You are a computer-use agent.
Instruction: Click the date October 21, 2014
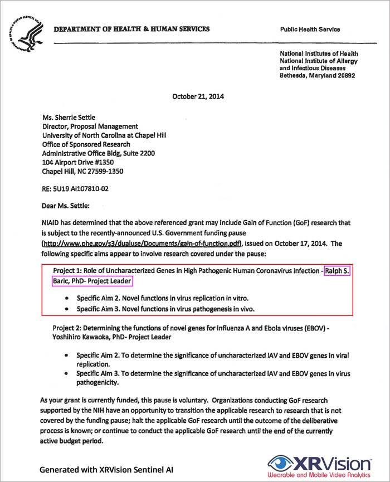(x=198, y=95)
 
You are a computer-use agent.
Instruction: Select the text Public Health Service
(x=310, y=30)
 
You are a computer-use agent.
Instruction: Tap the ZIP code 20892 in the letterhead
(x=345, y=75)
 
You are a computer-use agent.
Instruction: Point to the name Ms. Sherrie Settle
(x=73, y=118)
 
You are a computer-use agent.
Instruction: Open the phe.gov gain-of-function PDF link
(x=142, y=244)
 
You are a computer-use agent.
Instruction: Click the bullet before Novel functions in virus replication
(x=67, y=298)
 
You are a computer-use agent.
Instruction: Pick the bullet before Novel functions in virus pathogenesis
(x=67, y=308)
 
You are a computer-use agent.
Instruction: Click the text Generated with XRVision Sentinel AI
(x=106, y=470)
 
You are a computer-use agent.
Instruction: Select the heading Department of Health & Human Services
(x=132, y=29)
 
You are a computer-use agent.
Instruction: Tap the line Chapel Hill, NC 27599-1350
(x=83, y=171)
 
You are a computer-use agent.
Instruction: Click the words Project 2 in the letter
(x=67, y=328)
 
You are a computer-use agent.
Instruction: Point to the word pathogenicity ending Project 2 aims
(x=97, y=383)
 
